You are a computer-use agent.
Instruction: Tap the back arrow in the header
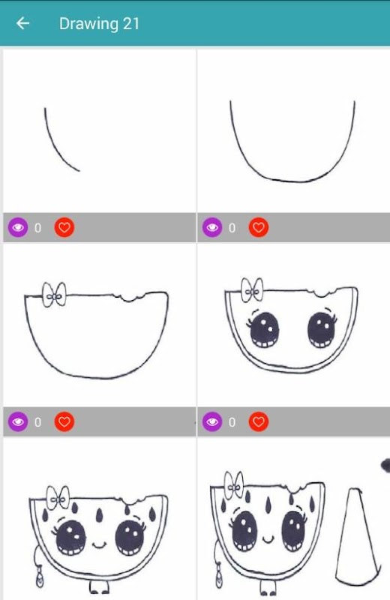[x=22, y=23]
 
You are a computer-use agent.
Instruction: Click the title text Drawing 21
[x=99, y=24]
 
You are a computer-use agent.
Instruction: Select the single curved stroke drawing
[x=58, y=142]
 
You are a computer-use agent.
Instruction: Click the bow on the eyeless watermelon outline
[x=54, y=295]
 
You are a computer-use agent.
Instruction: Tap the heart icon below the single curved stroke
[x=64, y=228]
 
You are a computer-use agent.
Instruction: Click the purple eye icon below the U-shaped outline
[x=212, y=228]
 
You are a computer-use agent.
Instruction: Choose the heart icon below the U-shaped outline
[x=259, y=228]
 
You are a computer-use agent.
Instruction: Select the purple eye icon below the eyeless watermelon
[x=18, y=421]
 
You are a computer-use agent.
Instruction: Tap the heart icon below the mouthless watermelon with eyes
[x=259, y=421]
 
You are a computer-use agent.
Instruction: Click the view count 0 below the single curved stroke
[x=37, y=228]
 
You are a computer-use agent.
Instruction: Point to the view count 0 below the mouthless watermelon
[x=232, y=422]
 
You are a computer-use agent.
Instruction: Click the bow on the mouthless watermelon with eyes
[x=252, y=289]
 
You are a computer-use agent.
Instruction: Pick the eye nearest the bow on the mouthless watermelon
[x=264, y=329]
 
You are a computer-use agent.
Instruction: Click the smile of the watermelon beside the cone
[x=268, y=540]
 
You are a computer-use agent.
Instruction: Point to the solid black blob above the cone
[x=385, y=464]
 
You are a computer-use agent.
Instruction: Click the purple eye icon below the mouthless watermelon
[x=212, y=421]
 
